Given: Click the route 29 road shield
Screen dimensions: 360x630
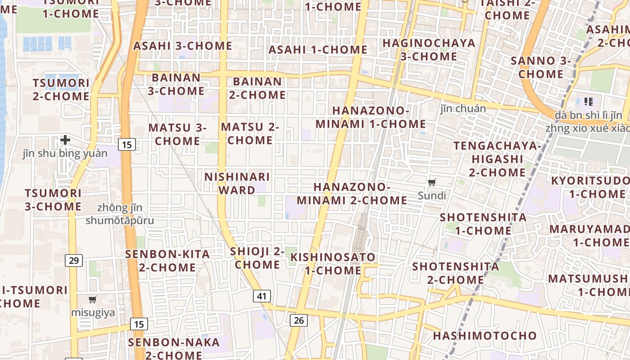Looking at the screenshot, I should coord(74,260).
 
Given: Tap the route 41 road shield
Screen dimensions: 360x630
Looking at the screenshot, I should coord(262,296).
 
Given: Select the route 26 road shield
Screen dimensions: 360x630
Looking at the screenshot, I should coord(299,320).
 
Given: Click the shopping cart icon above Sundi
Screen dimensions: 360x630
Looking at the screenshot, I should coord(432,182).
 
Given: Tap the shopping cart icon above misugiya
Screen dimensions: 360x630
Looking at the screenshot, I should coord(93,299).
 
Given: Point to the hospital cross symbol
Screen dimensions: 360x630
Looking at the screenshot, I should coord(65,140).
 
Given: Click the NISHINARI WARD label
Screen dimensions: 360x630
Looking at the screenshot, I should coord(237,183).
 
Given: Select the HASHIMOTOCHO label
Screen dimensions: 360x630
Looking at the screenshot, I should coord(485,336).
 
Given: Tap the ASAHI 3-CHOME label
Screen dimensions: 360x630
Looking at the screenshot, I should coord(183,46).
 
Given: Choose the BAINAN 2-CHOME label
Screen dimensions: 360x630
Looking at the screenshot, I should coord(257,88).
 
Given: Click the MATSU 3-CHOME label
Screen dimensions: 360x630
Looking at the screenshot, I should coord(177,134).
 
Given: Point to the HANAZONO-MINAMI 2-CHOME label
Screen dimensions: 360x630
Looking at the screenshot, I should coord(352,193).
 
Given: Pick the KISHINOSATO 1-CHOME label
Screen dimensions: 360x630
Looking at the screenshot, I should coord(333,264).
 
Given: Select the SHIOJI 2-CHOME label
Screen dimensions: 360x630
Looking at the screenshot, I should coord(257,258).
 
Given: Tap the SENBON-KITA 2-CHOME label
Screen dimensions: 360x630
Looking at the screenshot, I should coord(167,261).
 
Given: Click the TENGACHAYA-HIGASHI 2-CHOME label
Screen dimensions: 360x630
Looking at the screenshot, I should coord(497,159).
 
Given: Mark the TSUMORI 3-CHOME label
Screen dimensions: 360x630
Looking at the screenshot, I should coord(53,200).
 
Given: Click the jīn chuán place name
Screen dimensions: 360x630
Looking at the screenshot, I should coord(463,108).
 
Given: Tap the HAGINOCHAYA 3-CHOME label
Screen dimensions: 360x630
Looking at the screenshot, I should coord(429,49).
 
